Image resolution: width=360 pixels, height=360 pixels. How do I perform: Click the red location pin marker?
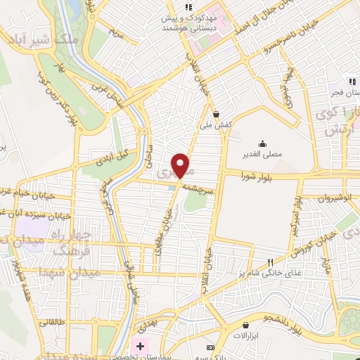[x=181, y=166]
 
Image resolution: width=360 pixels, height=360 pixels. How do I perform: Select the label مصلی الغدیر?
[x=262, y=155]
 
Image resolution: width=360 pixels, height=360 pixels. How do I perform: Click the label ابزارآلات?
[x=246, y=336]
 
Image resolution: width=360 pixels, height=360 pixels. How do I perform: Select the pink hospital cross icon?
[x=140, y=347]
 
